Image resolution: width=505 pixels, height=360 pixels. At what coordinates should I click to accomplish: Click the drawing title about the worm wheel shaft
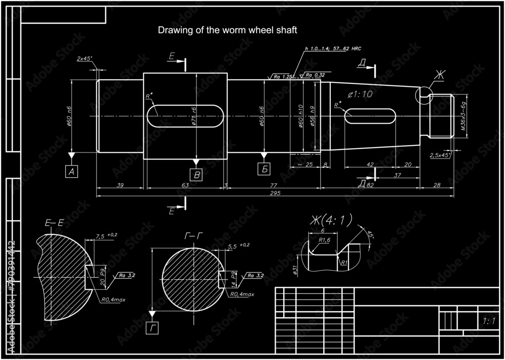click(227, 30)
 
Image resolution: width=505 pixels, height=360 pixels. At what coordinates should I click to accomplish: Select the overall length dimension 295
click(276, 193)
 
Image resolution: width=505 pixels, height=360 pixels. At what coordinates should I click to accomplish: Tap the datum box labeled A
click(72, 172)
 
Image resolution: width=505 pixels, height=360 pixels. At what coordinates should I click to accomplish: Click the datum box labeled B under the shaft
click(196, 175)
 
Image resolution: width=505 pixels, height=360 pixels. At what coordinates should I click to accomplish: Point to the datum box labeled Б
click(264, 169)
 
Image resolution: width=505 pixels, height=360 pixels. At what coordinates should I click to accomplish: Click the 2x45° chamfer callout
click(84, 59)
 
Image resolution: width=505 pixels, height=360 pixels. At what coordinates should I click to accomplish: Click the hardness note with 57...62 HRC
click(334, 49)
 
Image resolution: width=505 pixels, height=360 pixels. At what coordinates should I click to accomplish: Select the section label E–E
click(54, 222)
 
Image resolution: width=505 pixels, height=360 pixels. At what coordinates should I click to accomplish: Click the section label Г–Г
click(192, 236)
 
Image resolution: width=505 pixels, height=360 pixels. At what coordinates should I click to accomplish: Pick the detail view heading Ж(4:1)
click(330, 220)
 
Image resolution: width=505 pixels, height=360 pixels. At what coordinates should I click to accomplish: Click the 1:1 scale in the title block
click(488, 321)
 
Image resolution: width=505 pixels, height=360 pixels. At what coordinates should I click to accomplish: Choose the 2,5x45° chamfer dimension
click(440, 155)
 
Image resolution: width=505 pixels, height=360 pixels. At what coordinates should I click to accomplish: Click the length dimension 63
click(185, 186)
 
